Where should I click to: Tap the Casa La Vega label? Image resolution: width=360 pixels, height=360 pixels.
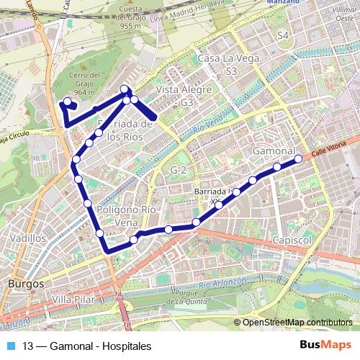coord(219,58)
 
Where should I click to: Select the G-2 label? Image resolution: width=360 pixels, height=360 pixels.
coord(179,169)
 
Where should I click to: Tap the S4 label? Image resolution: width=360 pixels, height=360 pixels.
coord(282,35)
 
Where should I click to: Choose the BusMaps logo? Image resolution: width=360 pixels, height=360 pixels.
coord(325,345)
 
